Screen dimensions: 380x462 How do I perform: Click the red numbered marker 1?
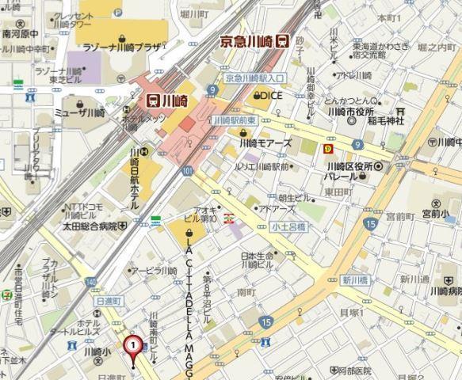point(132,345)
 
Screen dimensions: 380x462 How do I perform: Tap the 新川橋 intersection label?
point(353,280)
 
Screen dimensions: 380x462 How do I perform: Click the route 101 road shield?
point(186,170)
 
